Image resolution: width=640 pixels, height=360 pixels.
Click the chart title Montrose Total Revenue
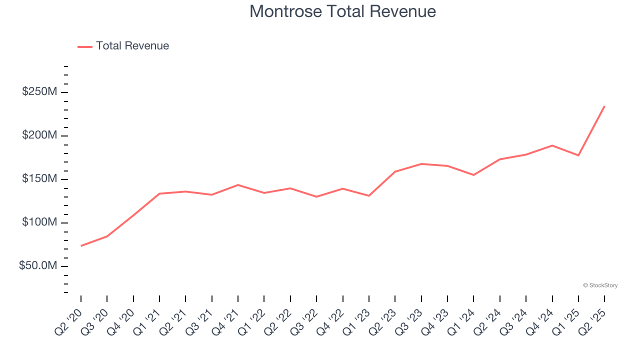point(342,11)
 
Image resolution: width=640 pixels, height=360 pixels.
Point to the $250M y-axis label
point(39,92)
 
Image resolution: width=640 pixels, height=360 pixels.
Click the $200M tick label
point(39,135)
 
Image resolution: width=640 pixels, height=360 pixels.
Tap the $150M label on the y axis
point(39,179)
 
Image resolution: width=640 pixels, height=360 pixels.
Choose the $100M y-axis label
point(39,222)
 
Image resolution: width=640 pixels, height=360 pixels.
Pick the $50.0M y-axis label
point(38,266)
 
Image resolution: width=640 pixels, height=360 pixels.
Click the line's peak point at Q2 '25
point(604,106)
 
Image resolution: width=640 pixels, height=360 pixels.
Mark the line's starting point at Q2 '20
point(81,245)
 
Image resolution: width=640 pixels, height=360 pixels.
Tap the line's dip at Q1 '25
point(578,155)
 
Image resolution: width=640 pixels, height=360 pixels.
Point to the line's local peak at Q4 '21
point(238,185)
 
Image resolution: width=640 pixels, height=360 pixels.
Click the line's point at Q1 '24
point(473,175)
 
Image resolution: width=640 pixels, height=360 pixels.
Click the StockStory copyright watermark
point(600,285)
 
